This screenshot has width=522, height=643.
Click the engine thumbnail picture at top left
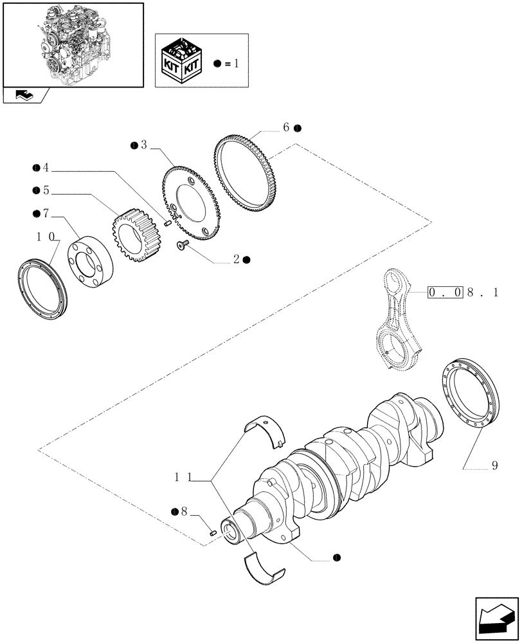[x=72, y=44]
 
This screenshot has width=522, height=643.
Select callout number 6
[x=287, y=128]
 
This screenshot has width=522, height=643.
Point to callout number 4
[x=46, y=169]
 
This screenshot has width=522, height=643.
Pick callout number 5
[x=46, y=191]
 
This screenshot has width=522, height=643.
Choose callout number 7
[x=46, y=213]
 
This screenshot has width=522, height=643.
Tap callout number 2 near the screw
[x=237, y=259]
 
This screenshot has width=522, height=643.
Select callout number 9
[x=494, y=467]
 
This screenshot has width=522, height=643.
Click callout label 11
[x=183, y=478]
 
